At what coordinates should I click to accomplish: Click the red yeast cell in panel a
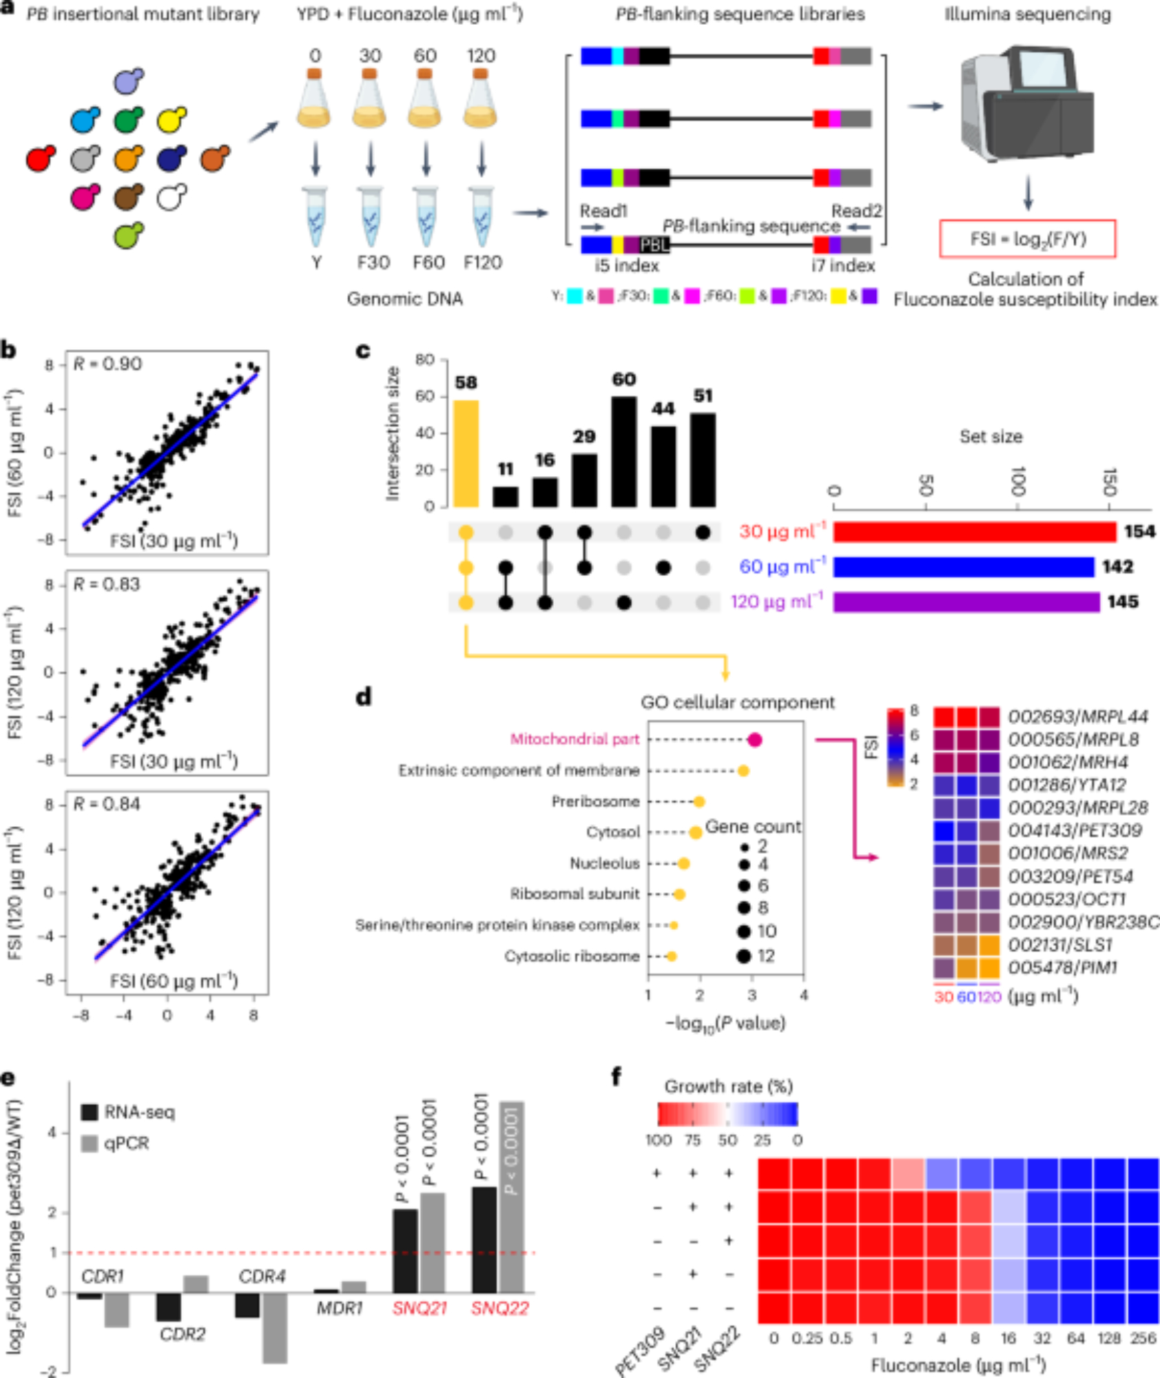click(x=40, y=159)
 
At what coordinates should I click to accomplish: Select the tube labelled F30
click(x=371, y=218)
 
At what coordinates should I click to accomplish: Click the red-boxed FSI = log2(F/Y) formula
click(x=1027, y=239)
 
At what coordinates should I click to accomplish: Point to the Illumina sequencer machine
click(x=1027, y=103)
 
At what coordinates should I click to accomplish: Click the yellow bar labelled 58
click(x=466, y=453)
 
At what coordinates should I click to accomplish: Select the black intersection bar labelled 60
click(x=624, y=451)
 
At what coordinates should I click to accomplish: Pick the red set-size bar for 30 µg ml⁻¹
click(x=974, y=532)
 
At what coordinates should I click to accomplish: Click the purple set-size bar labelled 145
click(x=966, y=602)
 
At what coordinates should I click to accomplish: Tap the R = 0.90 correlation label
click(x=107, y=364)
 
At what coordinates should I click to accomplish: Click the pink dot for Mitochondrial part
click(x=754, y=740)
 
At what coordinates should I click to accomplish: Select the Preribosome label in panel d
click(x=595, y=801)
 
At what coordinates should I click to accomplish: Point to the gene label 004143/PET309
click(x=1075, y=830)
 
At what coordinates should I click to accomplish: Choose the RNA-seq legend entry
click(x=128, y=1112)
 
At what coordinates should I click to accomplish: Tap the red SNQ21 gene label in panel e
click(x=420, y=1308)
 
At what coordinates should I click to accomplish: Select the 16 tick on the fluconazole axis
click(x=1008, y=1338)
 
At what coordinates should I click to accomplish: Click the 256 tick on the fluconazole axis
click(x=1143, y=1338)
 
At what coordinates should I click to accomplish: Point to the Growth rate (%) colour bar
click(x=727, y=1114)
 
